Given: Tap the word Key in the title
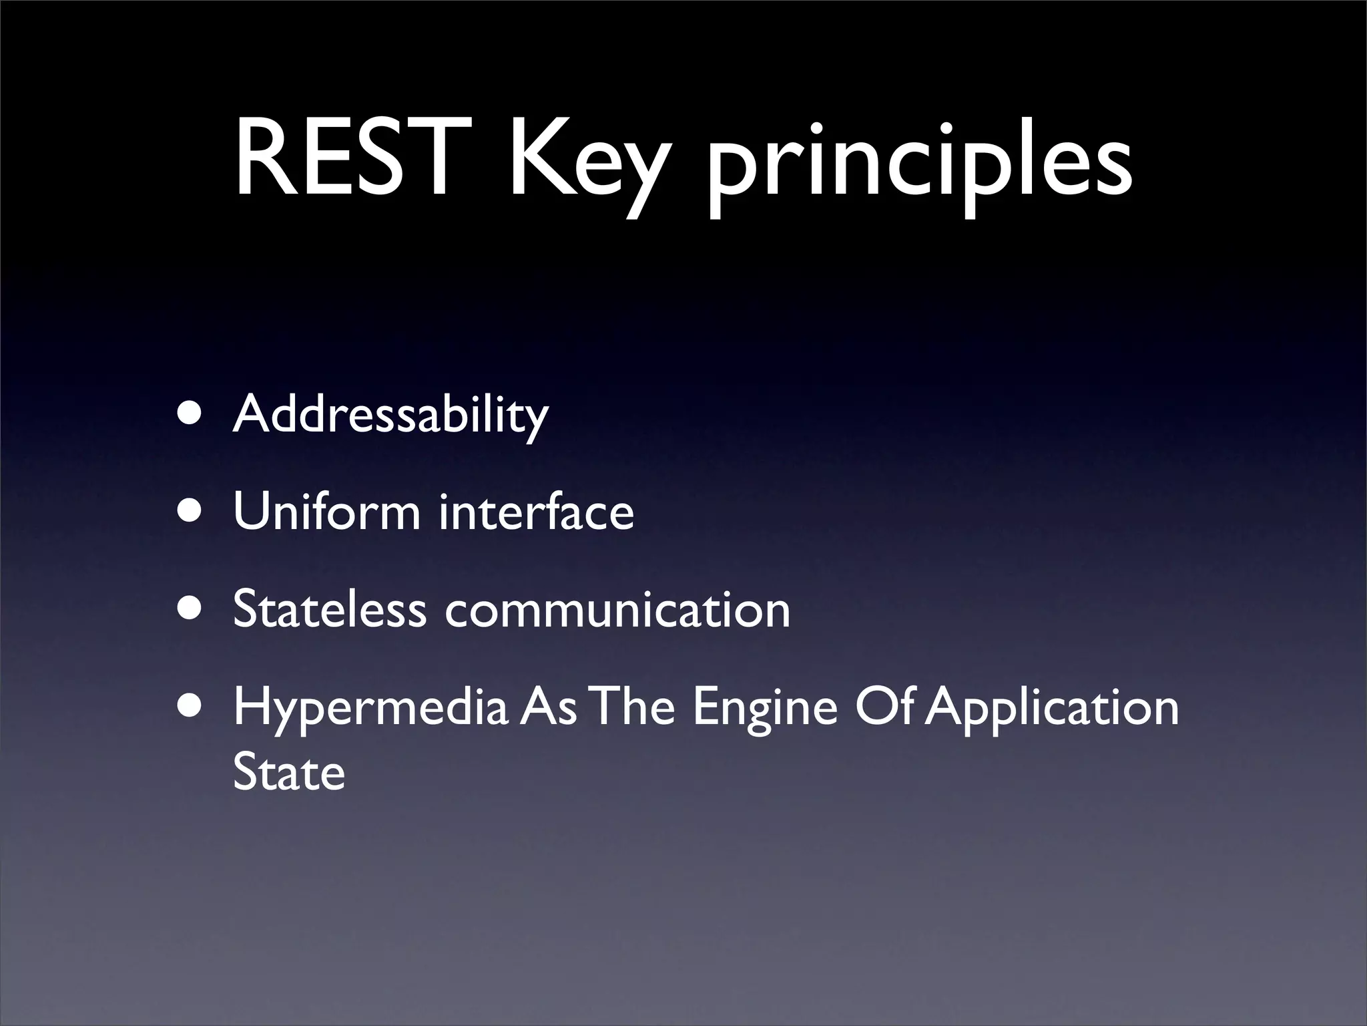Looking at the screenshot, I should tap(587, 164).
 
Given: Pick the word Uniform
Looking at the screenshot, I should tap(327, 512).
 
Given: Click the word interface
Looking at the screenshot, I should tap(536, 512).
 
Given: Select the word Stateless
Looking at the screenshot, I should tap(330, 610).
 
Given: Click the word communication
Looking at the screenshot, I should tap(617, 610).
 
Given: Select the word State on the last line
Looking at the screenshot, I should tap(289, 773).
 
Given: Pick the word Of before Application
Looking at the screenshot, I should tap(888, 708).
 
